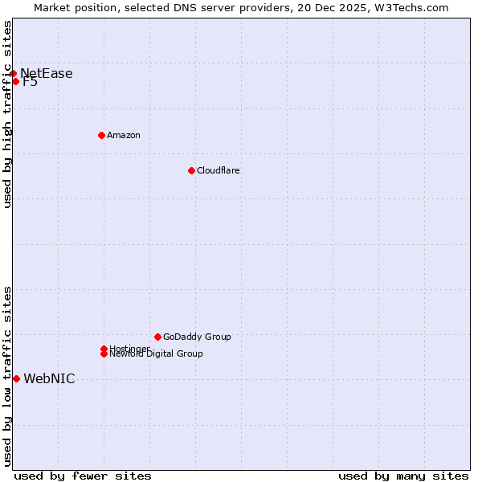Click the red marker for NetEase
(13, 73)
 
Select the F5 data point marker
(15, 81)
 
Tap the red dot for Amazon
(101, 135)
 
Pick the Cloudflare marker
(191, 170)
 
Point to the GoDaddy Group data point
(157, 337)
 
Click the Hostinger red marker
(104, 349)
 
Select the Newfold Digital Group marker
(104, 354)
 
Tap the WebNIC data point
(16, 378)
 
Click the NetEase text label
(47, 74)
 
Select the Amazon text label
(124, 135)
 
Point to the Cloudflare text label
(219, 170)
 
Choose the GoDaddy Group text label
(197, 337)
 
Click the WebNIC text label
(49, 379)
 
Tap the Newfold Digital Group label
(157, 354)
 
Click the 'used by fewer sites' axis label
(83, 476)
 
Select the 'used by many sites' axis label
(403, 476)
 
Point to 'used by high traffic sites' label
(8, 114)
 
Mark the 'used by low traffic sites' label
(8, 376)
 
